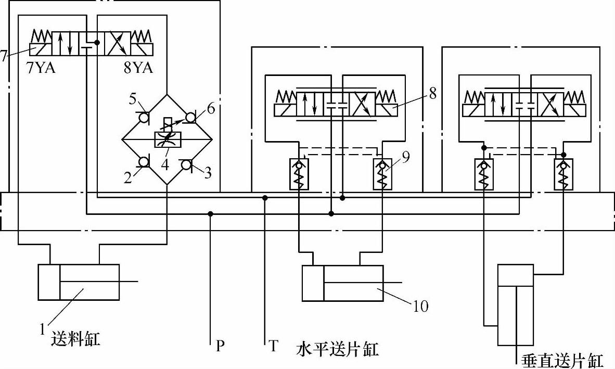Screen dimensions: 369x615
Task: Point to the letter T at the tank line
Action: (x=273, y=346)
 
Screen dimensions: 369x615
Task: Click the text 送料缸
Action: (x=75, y=340)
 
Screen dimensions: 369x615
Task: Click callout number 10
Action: (x=420, y=306)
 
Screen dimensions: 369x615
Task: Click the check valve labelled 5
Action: (x=144, y=118)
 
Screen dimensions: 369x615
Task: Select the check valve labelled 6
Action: (x=190, y=118)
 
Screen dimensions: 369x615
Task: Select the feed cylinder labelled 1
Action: (x=79, y=282)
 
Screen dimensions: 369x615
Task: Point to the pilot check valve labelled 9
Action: (x=384, y=174)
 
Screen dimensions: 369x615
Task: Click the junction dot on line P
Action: (x=210, y=213)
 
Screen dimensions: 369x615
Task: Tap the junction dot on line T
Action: (x=265, y=198)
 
